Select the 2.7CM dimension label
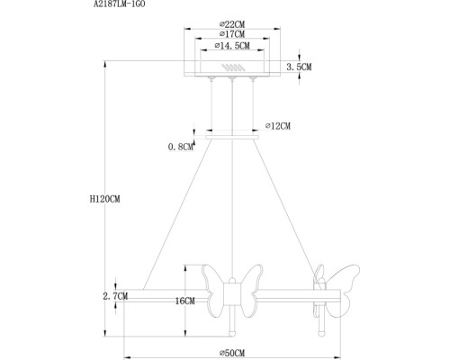[x=114, y=294]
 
